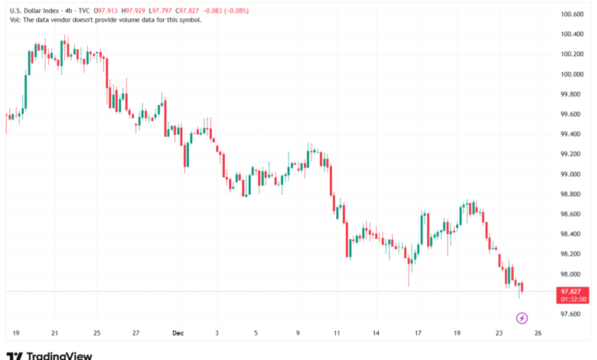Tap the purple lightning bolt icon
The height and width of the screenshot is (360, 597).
pos(523,318)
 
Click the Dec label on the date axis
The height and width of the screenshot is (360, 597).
pos(178,333)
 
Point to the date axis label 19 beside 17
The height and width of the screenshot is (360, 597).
pos(457,333)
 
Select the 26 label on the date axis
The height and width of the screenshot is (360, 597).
pos(539,333)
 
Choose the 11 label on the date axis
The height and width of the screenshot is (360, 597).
pos(337,333)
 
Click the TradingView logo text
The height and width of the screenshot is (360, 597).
pos(59,355)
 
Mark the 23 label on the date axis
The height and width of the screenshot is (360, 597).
pos(499,333)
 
